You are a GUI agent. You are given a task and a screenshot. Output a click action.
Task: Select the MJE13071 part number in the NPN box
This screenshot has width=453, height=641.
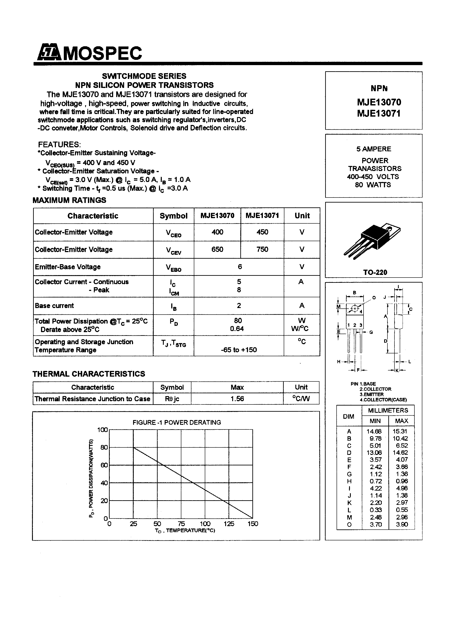[x=379, y=113]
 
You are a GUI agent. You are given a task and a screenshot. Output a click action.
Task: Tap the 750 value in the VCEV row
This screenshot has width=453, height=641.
[x=262, y=249]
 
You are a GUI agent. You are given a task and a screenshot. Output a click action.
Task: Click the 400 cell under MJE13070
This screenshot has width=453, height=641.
[x=217, y=232]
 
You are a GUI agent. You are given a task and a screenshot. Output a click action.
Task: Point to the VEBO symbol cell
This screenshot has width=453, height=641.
[x=173, y=267]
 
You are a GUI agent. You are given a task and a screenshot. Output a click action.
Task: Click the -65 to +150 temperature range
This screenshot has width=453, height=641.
[x=239, y=350]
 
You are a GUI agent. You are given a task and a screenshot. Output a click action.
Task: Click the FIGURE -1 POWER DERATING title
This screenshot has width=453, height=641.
[x=177, y=422]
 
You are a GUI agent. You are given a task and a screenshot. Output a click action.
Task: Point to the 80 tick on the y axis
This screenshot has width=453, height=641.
[x=104, y=447]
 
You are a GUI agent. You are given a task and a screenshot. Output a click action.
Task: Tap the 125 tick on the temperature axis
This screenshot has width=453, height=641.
[x=229, y=524]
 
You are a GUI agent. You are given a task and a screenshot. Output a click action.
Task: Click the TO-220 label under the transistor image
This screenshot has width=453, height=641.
[x=375, y=272]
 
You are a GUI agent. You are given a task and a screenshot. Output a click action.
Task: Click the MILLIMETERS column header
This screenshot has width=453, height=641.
[x=388, y=410]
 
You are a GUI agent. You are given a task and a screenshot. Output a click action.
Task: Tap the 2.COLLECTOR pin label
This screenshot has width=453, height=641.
[x=375, y=389]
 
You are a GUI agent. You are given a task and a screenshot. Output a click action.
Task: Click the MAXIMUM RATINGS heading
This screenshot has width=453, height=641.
[x=70, y=200]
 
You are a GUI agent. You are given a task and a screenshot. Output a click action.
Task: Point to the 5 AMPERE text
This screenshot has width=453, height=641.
[x=373, y=149]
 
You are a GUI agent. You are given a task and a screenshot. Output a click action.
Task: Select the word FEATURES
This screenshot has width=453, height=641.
[x=59, y=145]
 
